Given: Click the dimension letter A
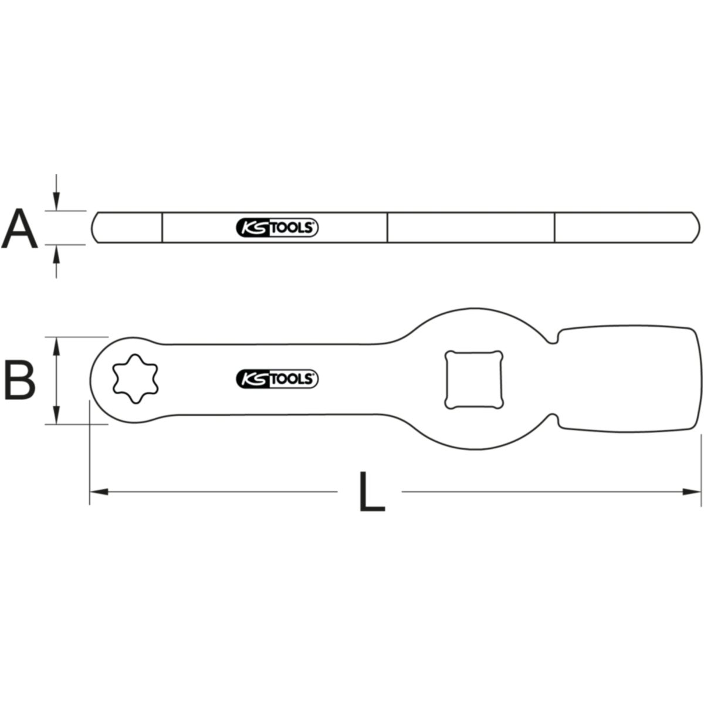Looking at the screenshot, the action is (x=19, y=229).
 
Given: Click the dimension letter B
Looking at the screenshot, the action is (x=20, y=380).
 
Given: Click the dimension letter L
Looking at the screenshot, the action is (x=372, y=492).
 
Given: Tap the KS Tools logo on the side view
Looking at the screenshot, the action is (x=277, y=228).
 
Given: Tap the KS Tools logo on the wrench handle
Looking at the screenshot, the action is (x=277, y=379).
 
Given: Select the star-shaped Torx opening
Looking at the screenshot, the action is (x=135, y=379).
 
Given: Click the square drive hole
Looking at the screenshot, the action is (x=473, y=380).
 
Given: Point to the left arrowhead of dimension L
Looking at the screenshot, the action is (x=99, y=492).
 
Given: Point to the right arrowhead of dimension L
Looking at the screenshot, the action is (x=692, y=492).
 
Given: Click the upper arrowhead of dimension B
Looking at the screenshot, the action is (x=56, y=346).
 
